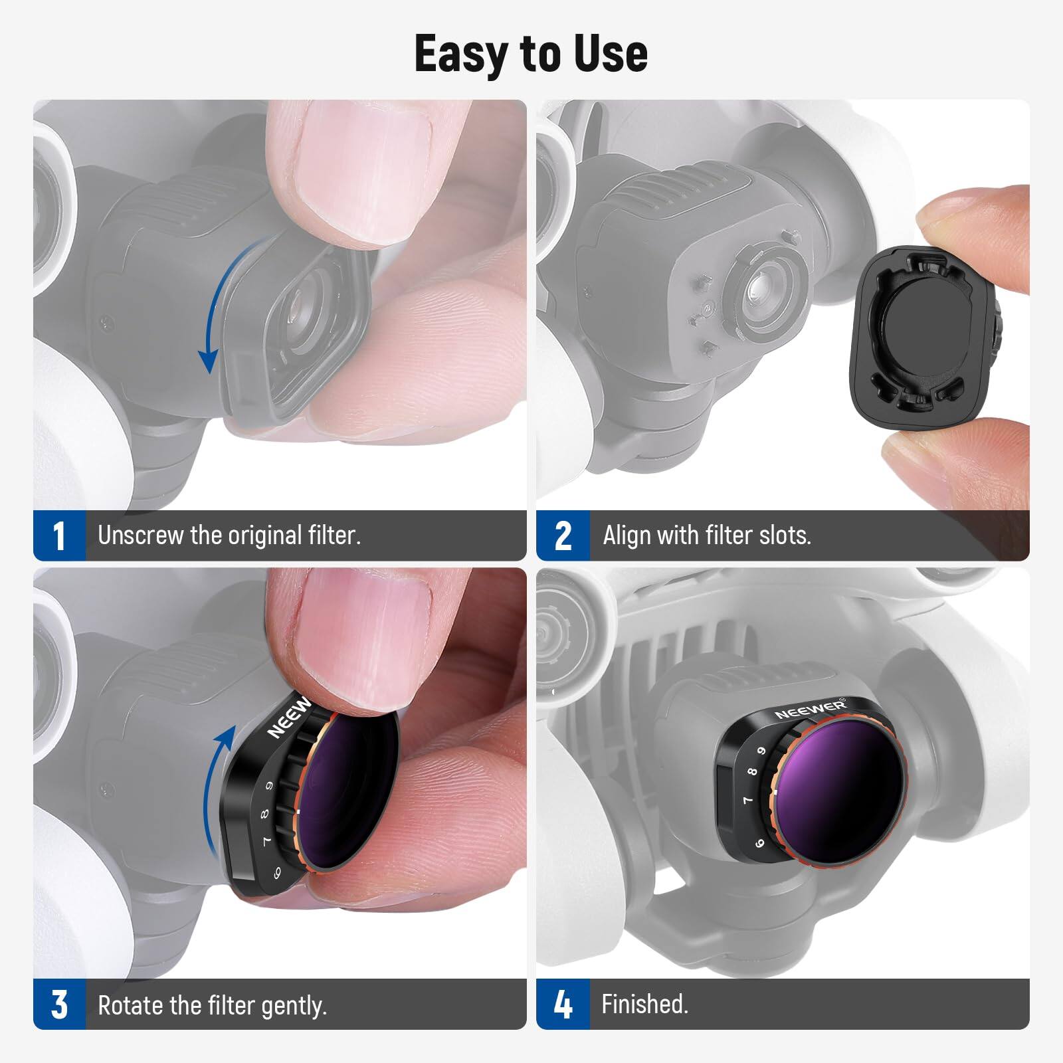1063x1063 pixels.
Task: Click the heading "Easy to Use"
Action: pyautogui.click(x=531, y=54)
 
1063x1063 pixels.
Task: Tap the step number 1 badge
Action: pyautogui.click(x=59, y=536)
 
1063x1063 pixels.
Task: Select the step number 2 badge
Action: pyautogui.click(x=563, y=536)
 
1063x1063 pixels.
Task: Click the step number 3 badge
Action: pyautogui.click(x=59, y=1005)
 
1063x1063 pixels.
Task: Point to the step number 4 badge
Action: pyautogui.click(x=563, y=1005)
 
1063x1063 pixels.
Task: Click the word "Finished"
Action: pyautogui.click(x=644, y=1004)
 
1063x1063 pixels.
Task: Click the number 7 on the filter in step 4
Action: pyautogui.click(x=747, y=800)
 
